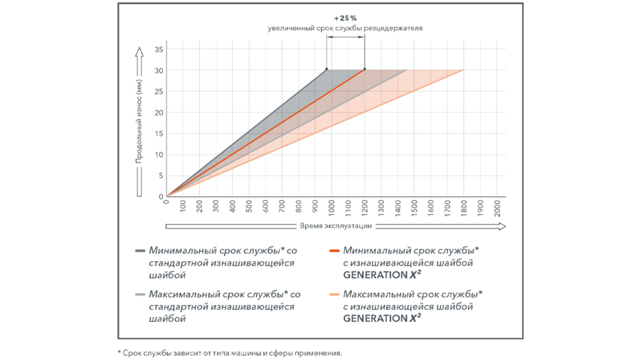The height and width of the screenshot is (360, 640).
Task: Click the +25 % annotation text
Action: pos(346,18)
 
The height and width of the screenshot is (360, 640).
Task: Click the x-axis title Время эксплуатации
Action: pos(335,226)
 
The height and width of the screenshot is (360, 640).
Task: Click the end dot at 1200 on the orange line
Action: pos(365,70)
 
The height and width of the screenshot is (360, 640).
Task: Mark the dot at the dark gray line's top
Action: pos(326,70)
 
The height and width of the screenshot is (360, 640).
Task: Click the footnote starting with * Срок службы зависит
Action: pos(230,352)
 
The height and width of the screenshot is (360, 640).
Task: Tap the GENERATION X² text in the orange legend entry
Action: pos(382,274)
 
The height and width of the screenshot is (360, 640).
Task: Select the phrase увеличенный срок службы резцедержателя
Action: pos(346,29)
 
